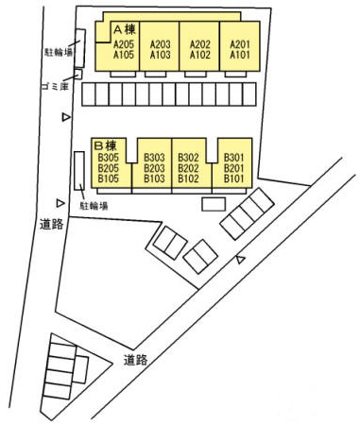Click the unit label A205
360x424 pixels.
coord(124,44)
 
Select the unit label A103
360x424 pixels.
coord(160,55)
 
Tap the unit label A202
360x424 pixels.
coord(200,44)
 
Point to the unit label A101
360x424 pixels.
coord(240,55)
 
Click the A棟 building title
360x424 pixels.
coord(125,29)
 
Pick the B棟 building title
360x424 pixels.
coord(106,145)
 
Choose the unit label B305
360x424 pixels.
coord(109,157)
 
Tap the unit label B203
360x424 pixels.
coord(154,168)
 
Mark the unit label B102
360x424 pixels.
coord(188,178)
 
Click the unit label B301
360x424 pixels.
coord(234,157)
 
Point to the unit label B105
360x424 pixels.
coord(109,178)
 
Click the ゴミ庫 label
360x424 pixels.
coord(55,86)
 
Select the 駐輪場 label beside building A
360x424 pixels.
coord(59,52)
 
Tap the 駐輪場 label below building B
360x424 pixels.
coord(94,206)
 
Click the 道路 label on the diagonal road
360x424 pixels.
coord(135,360)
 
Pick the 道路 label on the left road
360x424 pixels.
coord(52,224)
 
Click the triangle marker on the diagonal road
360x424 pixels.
coord(241,260)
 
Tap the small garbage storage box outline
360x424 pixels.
coord(78,75)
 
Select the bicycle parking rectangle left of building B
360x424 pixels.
coord(79,171)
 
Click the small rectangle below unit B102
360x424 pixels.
coord(214,204)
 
